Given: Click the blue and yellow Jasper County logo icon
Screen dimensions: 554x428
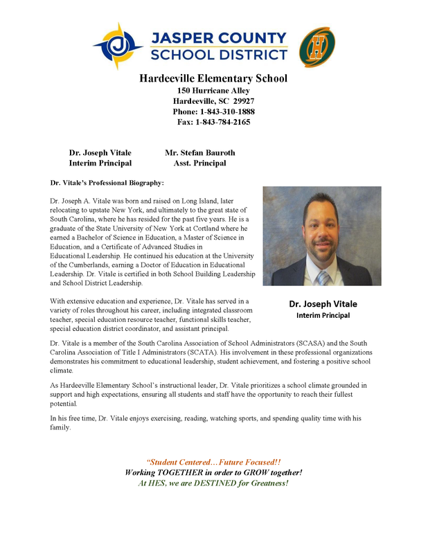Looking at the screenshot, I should [x=118, y=46].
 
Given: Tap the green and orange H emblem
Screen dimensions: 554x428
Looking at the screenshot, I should [x=316, y=46].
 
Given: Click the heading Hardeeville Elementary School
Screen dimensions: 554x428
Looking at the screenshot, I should [x=213, y=78].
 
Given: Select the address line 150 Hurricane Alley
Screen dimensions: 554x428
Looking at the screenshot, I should [x=213, y=91].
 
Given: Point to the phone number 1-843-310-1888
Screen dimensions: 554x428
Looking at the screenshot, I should [x=227, y=111].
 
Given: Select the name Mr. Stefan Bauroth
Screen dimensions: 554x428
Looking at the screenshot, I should [x=199, y=152].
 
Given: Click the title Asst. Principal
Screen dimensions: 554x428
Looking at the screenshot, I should [x=199, y=163].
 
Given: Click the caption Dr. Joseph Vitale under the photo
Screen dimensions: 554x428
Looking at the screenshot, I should [x=323, y=303].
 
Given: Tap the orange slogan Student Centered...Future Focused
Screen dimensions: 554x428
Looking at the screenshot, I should [x=213, y=462].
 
